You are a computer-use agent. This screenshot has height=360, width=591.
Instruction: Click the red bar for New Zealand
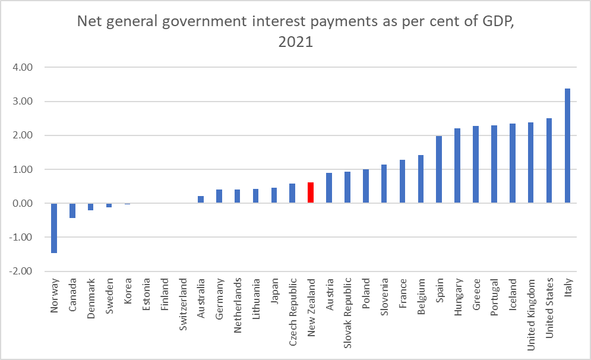pyautogui.click(x=311, y=193)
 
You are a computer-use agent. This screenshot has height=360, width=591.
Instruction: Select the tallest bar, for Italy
pyautogui.click(x=567, y=146)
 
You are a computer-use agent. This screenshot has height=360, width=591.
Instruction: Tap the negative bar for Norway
pyautogui.click(x=54, y=228)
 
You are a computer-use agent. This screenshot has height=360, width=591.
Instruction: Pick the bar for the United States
pyautogui.click(x=549, y=161)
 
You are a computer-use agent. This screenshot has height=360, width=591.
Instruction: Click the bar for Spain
pyautogui.click(x=439, y=170)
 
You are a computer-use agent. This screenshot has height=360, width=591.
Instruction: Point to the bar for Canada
pyautogui.click(x=72, y=211)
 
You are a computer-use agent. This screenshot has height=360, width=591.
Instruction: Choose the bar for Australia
pyautogui.click(x=201, y=200)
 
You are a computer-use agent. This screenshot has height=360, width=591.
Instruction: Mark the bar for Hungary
pyautogui.click(x=457, y=166)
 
